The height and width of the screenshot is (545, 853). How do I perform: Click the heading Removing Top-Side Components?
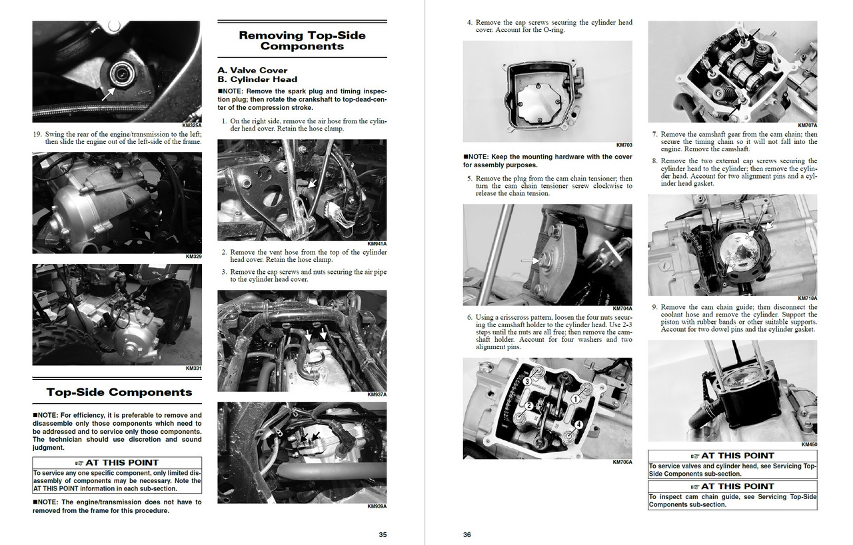(x=302, y=41)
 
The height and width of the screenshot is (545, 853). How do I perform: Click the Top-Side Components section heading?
(x=119, y=392)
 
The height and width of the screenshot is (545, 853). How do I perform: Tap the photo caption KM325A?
(x=191, y=125)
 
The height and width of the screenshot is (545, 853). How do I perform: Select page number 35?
(x=383, y=534)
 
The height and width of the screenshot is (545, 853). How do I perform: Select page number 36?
(x=467, y=534)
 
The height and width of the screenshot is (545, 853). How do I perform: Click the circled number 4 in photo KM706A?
(x=578, y=424)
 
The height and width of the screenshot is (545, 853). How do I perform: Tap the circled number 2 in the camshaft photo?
(x=528, y=405)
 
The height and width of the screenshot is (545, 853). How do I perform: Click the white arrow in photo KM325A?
(x=107, y=93)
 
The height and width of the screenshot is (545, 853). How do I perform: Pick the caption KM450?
(x=809, y=444)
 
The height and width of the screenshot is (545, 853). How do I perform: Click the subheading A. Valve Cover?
(x=253, y=70)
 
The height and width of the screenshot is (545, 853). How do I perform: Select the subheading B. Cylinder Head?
(x=257, y=79)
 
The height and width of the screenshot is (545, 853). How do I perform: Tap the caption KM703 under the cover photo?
(x=624, y=145)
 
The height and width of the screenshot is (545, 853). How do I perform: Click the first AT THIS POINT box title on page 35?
(x=117, y=462)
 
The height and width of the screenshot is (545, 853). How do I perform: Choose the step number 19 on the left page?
(x=37, y=133)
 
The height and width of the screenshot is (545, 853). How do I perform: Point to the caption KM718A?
(x=807, y=298)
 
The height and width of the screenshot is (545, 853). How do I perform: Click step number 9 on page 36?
(x=655, y=307)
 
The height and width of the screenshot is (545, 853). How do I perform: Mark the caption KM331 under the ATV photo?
(x=193, y=368)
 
